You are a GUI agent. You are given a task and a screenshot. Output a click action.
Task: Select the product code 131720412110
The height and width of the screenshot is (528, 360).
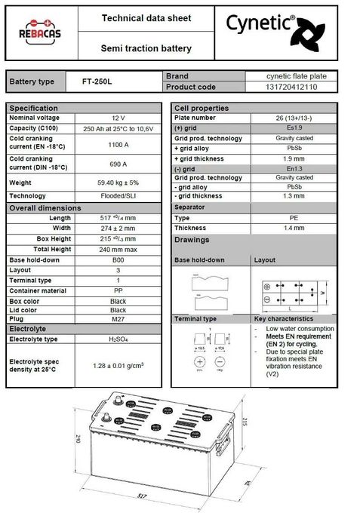tap(291, 87)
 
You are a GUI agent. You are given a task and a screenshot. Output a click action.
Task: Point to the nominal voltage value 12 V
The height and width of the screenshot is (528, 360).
tap(118, 118)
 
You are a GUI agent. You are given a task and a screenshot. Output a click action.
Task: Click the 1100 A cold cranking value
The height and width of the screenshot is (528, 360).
tap(118, 143)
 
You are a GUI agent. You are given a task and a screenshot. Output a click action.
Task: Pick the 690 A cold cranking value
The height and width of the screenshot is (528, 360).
tap(118, 164)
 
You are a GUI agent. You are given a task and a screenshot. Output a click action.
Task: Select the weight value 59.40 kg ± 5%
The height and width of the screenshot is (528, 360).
tap(118, 183)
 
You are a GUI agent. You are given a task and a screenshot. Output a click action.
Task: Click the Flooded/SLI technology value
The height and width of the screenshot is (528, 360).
tap(118, 196)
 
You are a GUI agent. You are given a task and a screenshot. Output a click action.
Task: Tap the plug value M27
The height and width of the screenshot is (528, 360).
tap(118, 319)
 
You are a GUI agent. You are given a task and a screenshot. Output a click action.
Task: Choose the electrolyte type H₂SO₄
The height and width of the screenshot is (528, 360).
tap(118, 339)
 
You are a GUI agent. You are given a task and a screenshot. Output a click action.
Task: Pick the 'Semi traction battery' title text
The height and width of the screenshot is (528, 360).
tap(146, 49)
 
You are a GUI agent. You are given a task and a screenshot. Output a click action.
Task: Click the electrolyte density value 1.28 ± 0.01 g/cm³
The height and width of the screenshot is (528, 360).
tap(118, 366)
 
